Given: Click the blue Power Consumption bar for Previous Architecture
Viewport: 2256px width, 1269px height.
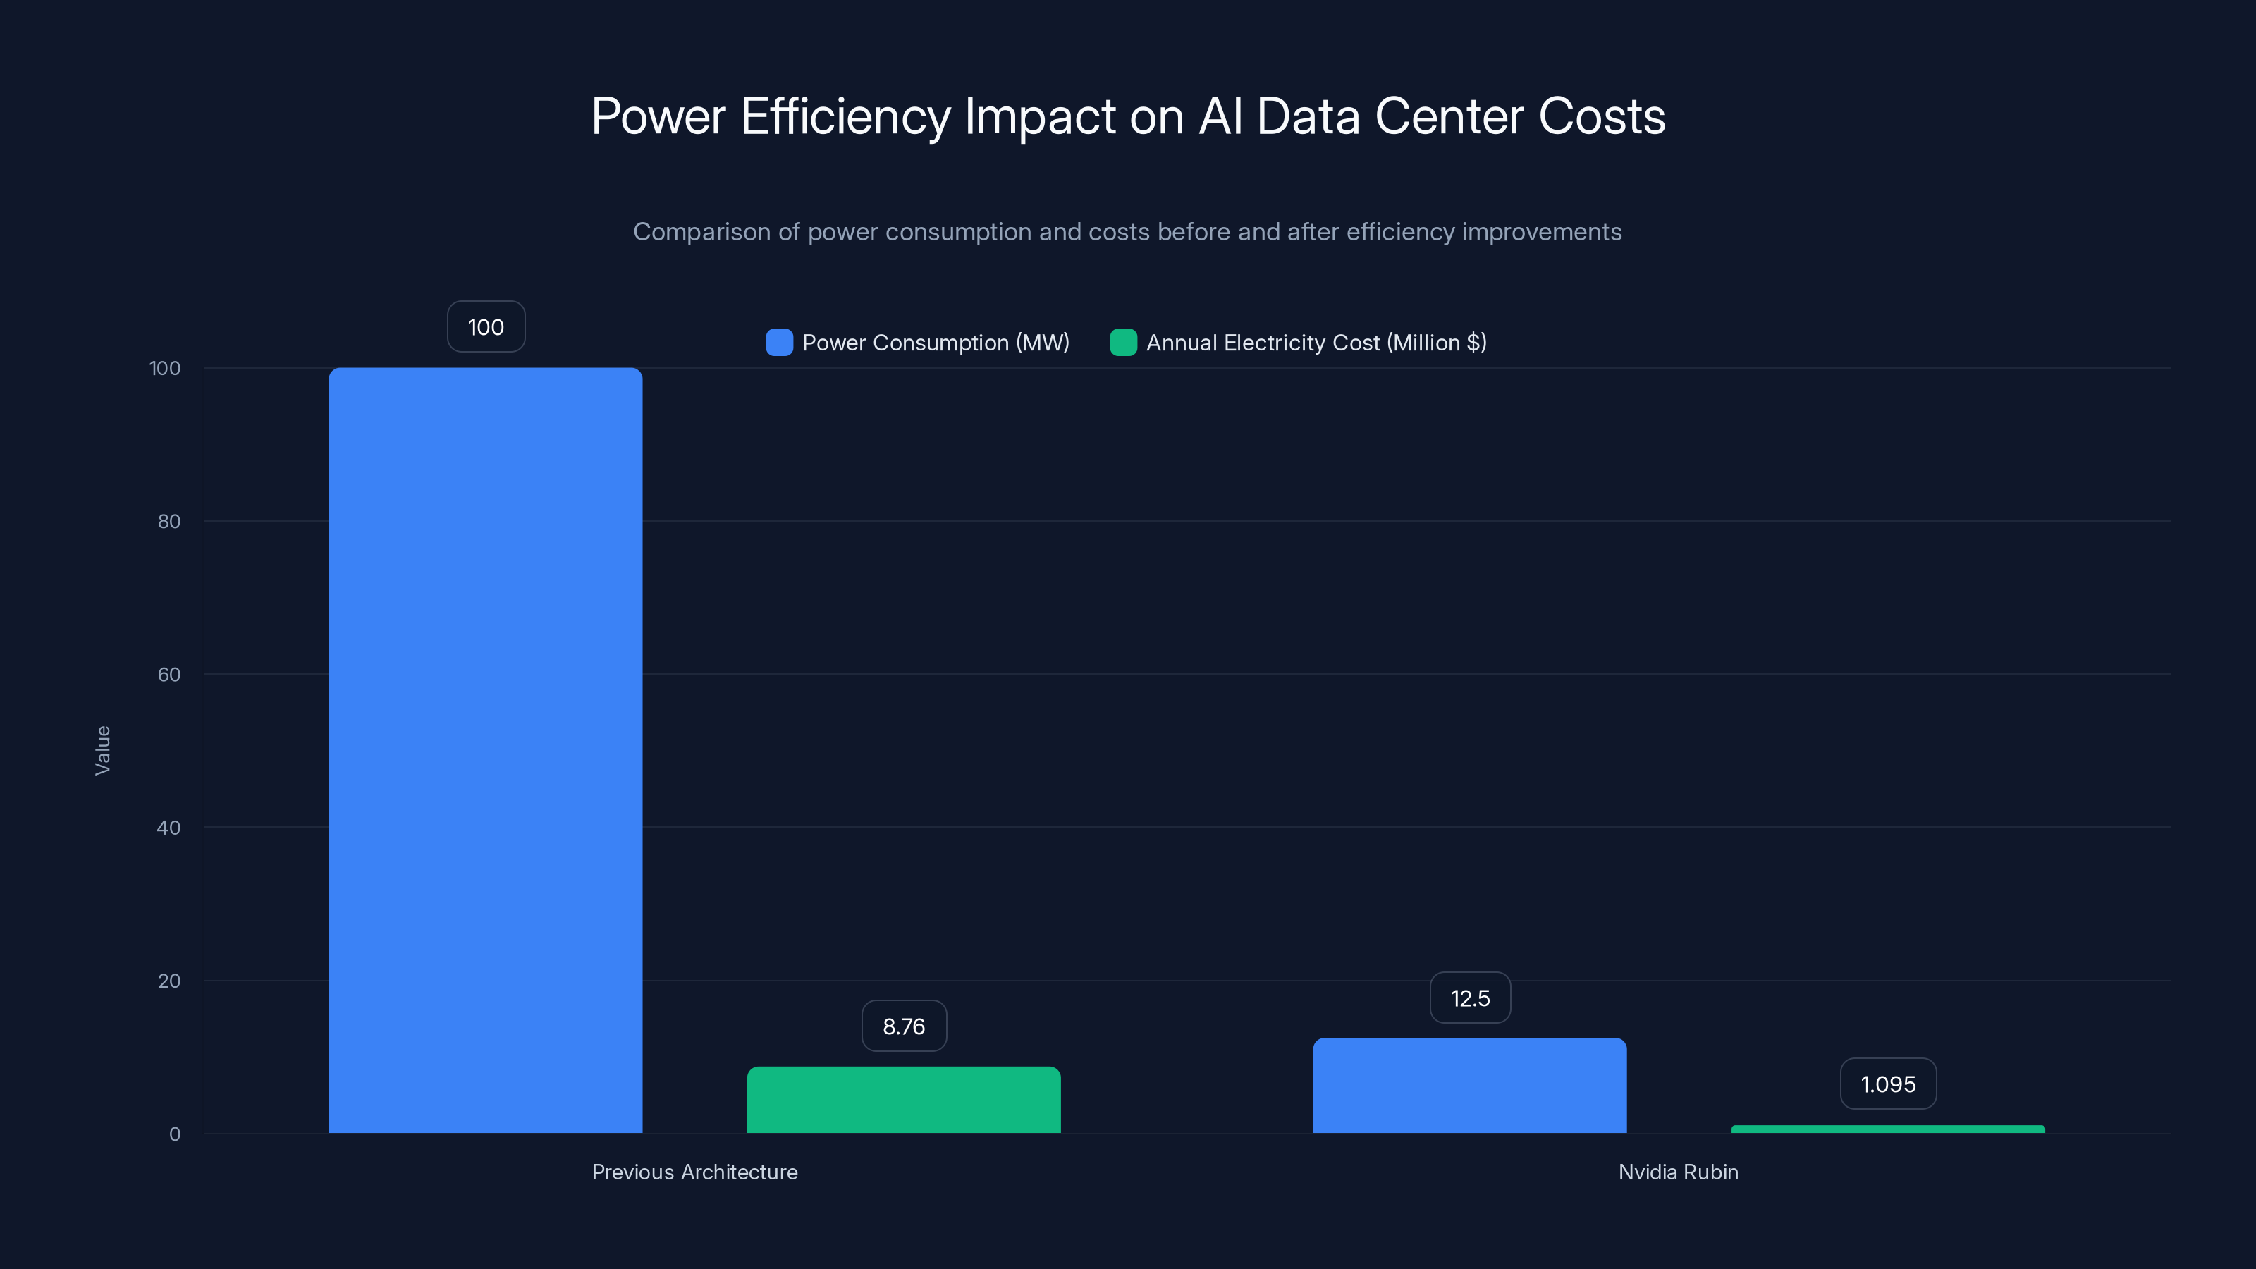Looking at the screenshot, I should (485, 749).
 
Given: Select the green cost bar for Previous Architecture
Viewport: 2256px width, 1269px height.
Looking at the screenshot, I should (903, 1099).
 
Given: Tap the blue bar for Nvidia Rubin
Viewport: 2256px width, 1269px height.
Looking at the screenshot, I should (1469, 1085).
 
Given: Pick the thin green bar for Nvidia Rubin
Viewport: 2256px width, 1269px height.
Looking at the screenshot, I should (1887, 1129).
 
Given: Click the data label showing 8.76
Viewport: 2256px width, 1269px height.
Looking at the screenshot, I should (904, 1026).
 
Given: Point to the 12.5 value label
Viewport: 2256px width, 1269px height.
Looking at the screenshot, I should (1469, 998).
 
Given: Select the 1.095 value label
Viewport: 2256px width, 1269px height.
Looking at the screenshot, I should (1887, 1084).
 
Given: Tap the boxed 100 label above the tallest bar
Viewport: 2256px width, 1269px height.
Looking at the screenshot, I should (486, 326).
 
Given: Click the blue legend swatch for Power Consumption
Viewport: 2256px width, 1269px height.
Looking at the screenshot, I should (778, 343).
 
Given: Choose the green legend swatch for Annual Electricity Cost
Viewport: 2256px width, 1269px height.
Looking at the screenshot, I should (1123, 343).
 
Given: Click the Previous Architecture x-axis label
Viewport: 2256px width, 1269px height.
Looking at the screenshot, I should (694, 1172).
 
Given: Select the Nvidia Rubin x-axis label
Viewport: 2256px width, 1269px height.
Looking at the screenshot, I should (1678, 1172).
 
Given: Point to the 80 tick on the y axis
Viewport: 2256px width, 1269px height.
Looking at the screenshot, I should (169, 521).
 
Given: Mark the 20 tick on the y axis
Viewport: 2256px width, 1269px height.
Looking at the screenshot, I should (169, 981).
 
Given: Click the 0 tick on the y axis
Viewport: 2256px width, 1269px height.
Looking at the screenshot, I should (174, 1134).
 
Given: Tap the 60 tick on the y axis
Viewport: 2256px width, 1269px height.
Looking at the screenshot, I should (169, 675).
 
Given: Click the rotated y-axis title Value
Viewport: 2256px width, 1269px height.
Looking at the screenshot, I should (102, 749).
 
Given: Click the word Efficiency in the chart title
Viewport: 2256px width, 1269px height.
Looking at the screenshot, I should (845, 116).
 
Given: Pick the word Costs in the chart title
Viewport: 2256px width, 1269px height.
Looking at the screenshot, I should (1601, 116).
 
